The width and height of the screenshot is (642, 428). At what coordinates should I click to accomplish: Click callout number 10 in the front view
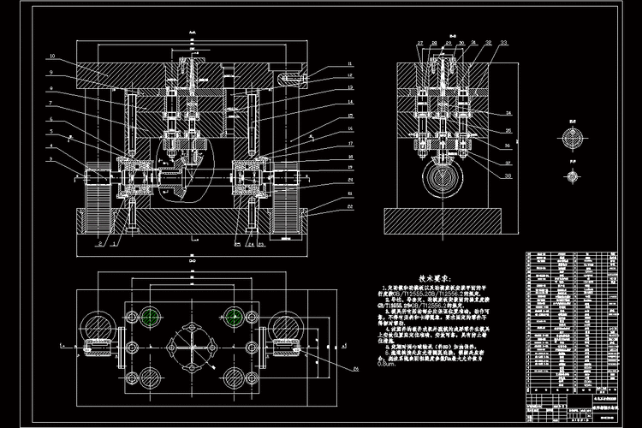(x=53, y=56)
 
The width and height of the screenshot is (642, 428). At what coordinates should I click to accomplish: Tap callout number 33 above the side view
(x=503, y=42)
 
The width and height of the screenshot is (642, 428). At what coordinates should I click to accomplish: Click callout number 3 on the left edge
(x=51, y=159)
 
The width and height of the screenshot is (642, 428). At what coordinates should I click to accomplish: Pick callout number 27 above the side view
(x=420, y=42)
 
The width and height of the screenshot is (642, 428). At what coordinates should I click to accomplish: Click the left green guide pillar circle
(x=152, y=316)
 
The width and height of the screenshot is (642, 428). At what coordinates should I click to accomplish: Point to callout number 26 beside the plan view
(x=355, y=367)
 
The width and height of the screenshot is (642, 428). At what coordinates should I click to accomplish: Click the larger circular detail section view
(x=573, y=138)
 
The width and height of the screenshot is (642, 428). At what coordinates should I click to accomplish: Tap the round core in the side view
(x=443, y=181)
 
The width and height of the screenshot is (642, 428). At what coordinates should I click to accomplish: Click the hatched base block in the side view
(x=443, y=217)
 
